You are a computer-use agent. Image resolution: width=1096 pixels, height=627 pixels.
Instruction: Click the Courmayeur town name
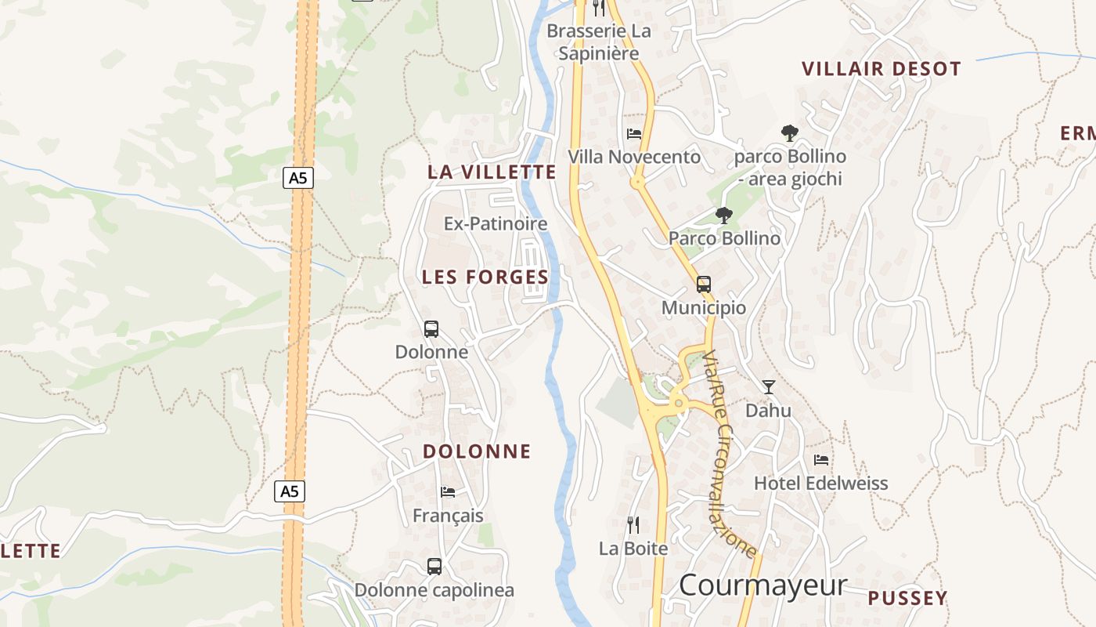763,585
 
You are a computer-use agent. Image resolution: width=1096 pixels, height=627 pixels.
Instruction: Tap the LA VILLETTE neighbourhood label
492,172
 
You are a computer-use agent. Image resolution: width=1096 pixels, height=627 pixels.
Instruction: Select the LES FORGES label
485,277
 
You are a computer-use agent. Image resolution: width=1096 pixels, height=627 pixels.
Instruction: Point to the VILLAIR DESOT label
881,69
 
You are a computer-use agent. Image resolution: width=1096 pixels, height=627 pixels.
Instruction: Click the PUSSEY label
907,599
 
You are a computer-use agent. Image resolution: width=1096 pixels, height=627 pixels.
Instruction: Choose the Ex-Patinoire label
496,224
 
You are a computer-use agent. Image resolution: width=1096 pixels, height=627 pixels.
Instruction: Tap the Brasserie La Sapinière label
599,42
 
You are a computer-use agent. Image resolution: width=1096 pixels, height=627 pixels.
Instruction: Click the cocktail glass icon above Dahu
769,386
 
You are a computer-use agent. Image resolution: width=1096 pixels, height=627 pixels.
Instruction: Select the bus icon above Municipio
704,285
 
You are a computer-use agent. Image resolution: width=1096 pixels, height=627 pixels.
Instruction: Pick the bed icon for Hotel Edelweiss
821,459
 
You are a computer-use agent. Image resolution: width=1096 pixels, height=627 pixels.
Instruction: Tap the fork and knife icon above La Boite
633,525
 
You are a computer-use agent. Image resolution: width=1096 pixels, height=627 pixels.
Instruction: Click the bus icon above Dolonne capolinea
434,566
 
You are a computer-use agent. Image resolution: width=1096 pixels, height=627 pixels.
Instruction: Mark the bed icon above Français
448,492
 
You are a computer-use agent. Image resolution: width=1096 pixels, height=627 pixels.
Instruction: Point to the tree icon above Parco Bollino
724,215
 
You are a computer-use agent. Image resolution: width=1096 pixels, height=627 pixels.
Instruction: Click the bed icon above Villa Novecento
634,133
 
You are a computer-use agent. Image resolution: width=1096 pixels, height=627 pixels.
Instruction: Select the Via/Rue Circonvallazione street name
729,455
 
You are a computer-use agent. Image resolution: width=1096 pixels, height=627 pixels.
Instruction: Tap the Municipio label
704,308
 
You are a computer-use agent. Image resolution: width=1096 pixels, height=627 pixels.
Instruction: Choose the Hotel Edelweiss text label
821,484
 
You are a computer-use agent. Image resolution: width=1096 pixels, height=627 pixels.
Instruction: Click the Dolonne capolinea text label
434,590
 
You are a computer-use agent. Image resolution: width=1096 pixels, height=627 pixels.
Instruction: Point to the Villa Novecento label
634,158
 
